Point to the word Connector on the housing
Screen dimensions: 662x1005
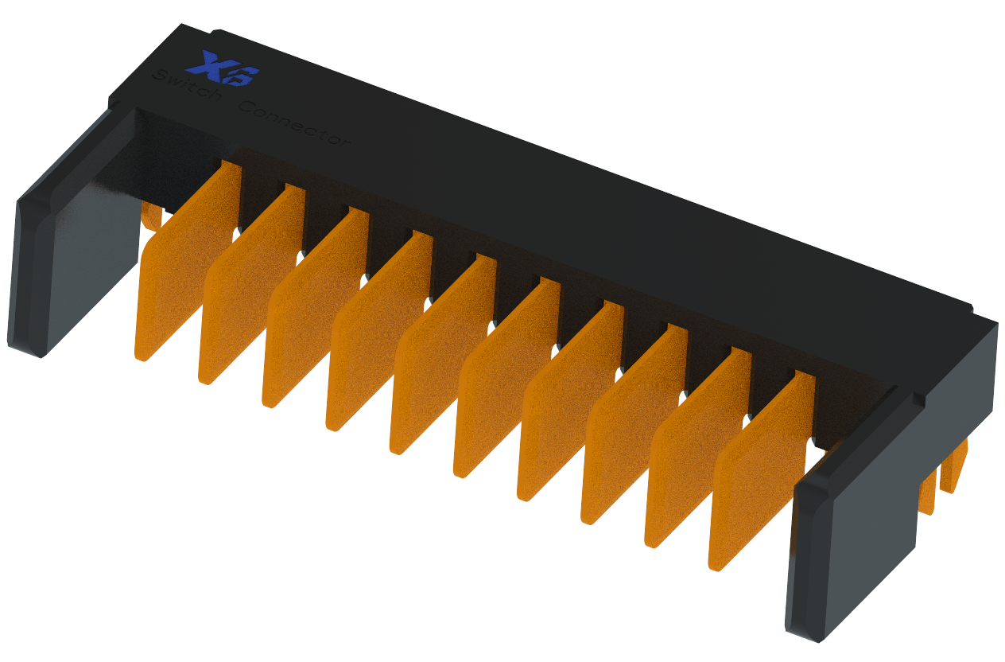coord(294,124)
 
